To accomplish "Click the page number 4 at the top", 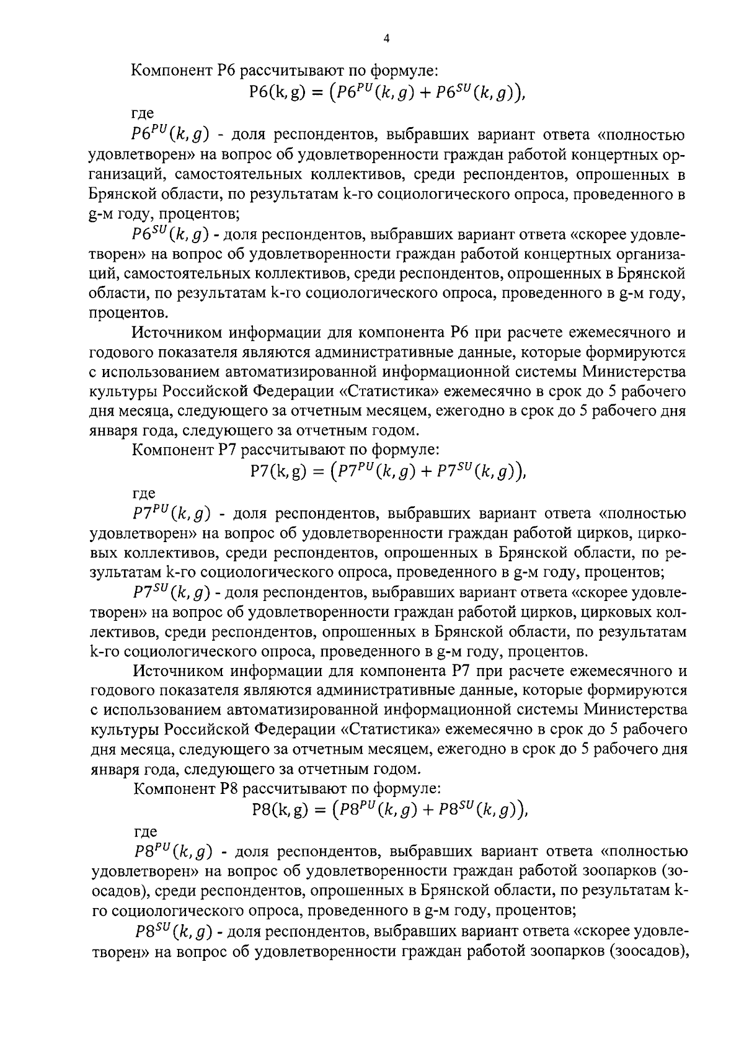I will point(386,38).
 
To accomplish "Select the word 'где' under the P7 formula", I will point(144,494).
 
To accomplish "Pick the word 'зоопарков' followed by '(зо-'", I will point(616,871).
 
